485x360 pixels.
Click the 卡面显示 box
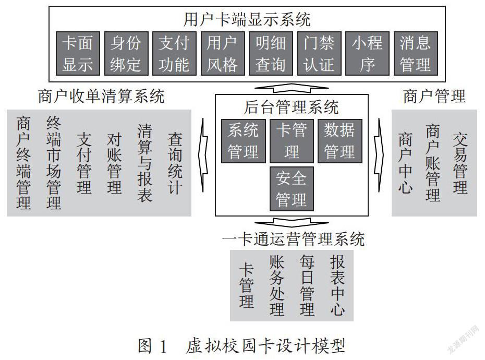[x=78, y=53]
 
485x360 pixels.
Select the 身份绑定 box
[x=126, y=53]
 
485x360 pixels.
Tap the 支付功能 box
[x=174, y=53]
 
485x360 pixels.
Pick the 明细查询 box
[x=271, y=53]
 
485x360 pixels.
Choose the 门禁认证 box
[x=319, y=53]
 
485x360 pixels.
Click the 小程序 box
[x=367, y=53]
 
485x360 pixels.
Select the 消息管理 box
[x=416, y=53]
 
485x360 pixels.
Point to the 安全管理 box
[x=292, y=189]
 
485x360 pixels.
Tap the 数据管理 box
[x=340, y=141]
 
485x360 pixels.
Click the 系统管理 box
[x=243, y=141]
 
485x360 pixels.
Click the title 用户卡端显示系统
[x=247, y=19]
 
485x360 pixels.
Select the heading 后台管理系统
[x=292, y=107]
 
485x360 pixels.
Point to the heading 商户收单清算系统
[x=101, y=96]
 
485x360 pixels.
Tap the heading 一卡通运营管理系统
[x=294, y=239]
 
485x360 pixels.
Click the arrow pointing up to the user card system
[x=292, y=88]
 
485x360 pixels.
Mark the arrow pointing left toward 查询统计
[x=204, y=155]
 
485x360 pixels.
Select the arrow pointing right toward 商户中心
[x=379, y=155]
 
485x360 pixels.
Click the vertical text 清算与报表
[x=145, y=163]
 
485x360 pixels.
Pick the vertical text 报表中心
[x=337, y=285]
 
